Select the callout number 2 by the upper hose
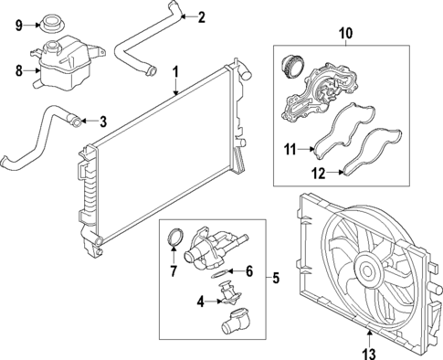pyautogui.click(x=202, y=16)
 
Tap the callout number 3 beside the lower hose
pyautogui.click(x=103, y=121)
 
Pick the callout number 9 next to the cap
pyautogui.click(x=16, y=25)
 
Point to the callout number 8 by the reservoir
pyautogui.click(x=16, y=69)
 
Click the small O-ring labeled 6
pyautogui.click(x=220, y=271)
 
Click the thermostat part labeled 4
pyautogui.click(x=227, y=294)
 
